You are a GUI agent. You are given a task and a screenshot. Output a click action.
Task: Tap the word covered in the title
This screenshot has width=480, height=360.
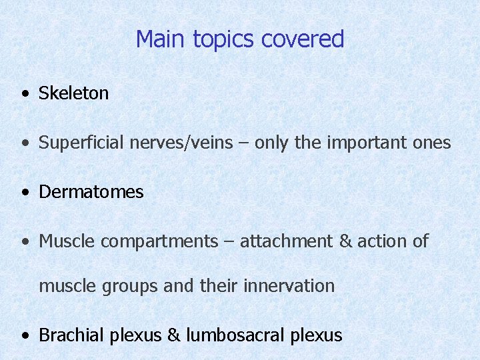[303, 39]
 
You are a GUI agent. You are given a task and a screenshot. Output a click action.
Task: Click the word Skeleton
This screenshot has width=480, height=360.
[73, 93]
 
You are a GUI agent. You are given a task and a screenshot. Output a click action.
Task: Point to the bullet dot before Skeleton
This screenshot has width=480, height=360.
[25, 95]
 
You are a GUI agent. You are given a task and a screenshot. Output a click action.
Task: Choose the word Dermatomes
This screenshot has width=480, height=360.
[91, 192]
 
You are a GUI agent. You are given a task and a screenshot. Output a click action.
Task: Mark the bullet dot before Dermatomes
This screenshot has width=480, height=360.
[25, 193]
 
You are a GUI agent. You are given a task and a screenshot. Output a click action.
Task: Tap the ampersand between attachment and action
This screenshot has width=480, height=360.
[345, 241]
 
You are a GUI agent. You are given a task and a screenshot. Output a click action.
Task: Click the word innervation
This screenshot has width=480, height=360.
[289, 286]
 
